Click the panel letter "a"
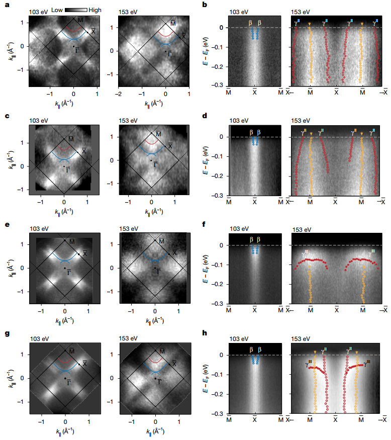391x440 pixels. [x=4, y=5]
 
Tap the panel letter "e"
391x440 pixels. [x=4, y=225]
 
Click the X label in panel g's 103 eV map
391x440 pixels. [x=85, y=363]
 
